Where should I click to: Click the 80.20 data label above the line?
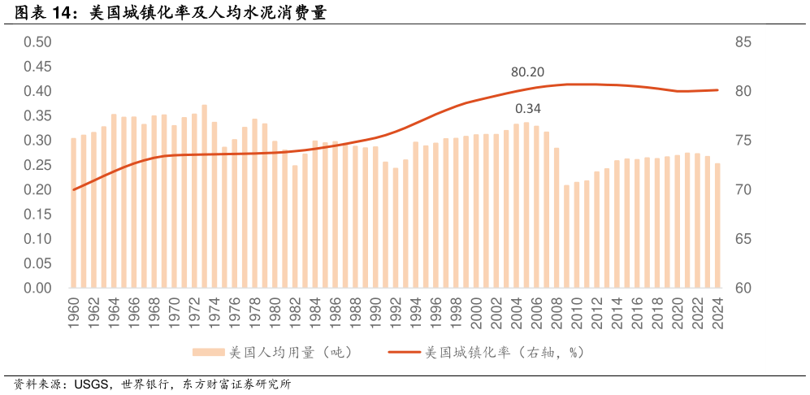point(527,72)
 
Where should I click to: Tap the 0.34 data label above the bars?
point(527,108)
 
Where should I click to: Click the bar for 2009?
point(566,237)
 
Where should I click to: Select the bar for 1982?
point(295,227)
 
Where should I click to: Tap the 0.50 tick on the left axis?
point(37,42)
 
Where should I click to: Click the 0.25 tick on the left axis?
point(37,165)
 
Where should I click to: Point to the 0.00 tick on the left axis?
point(37,289)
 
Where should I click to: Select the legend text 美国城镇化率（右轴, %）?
point(505,353)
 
